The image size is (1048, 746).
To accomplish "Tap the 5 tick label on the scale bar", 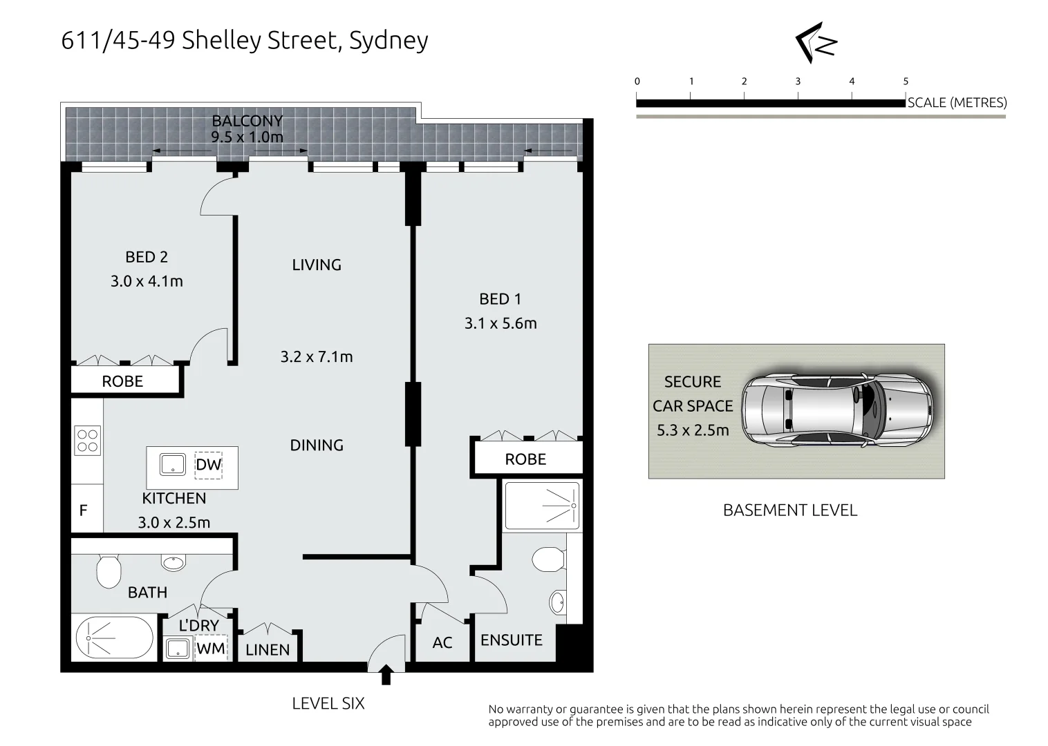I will pyautogui.click(x=906, y=82).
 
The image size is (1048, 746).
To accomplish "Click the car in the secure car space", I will pyautogui.click(x=837, y=412).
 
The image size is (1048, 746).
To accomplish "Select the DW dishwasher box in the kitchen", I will pyautogui.click(x=208, y=465).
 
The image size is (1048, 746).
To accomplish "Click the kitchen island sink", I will pyautogui.click(x=173, y=464).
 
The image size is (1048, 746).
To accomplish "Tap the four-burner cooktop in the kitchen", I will pyautogui.click(x=88, y=440).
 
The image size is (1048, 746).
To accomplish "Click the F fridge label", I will pyautogui.click(x=83, y=511).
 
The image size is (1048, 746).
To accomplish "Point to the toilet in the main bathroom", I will pyautogui.click(x=109, y=571).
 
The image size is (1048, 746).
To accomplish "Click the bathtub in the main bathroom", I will pyautogui.click(x=114, y=640).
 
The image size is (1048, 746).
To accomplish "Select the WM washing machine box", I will pyautogui.click(x=210, y=649).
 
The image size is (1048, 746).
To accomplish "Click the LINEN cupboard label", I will pyautogui.click(x=268, y=650).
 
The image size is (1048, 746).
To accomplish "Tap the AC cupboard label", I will pyautogui.click(x=442, y=643).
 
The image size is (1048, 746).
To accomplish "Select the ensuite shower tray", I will pyautogui.click(x=541, y=506).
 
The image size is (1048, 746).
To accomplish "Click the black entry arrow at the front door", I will pyautogui.click(x=386, y=675).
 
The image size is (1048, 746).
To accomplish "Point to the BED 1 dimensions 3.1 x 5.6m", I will pyautogui.click(x=500, y=323).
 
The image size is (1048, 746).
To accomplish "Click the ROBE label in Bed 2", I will pyautogui.click(x=122, y=381).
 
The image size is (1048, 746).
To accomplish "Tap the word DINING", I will pyautogui.click(x=317, y=446).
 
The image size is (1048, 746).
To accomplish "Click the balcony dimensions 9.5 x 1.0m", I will pyautogui.click(x=247, y=137).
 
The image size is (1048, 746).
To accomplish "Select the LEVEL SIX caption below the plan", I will pyautogui.click(x=328, y=703).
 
